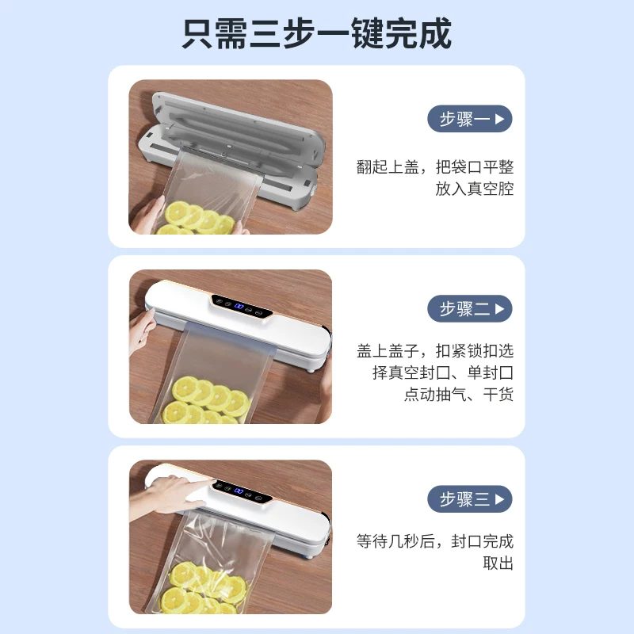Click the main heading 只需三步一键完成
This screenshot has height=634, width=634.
316,33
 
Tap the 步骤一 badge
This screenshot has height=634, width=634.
470,119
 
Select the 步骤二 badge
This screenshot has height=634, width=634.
470,309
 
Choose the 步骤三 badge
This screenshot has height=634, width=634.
470,499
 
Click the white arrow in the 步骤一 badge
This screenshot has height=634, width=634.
500,119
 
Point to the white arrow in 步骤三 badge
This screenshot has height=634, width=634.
500,499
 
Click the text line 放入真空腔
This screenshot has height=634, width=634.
474,189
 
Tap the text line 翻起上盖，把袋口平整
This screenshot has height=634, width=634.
435,167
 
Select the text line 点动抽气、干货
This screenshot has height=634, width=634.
459,394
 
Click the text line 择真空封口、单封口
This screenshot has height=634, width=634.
443,372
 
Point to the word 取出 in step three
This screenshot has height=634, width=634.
498,563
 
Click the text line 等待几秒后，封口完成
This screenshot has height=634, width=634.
435,541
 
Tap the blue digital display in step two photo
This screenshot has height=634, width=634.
239,307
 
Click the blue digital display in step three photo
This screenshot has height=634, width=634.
239,491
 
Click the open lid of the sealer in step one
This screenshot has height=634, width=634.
239,129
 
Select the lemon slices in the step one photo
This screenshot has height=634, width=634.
197,220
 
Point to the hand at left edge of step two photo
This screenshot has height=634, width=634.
142,331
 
